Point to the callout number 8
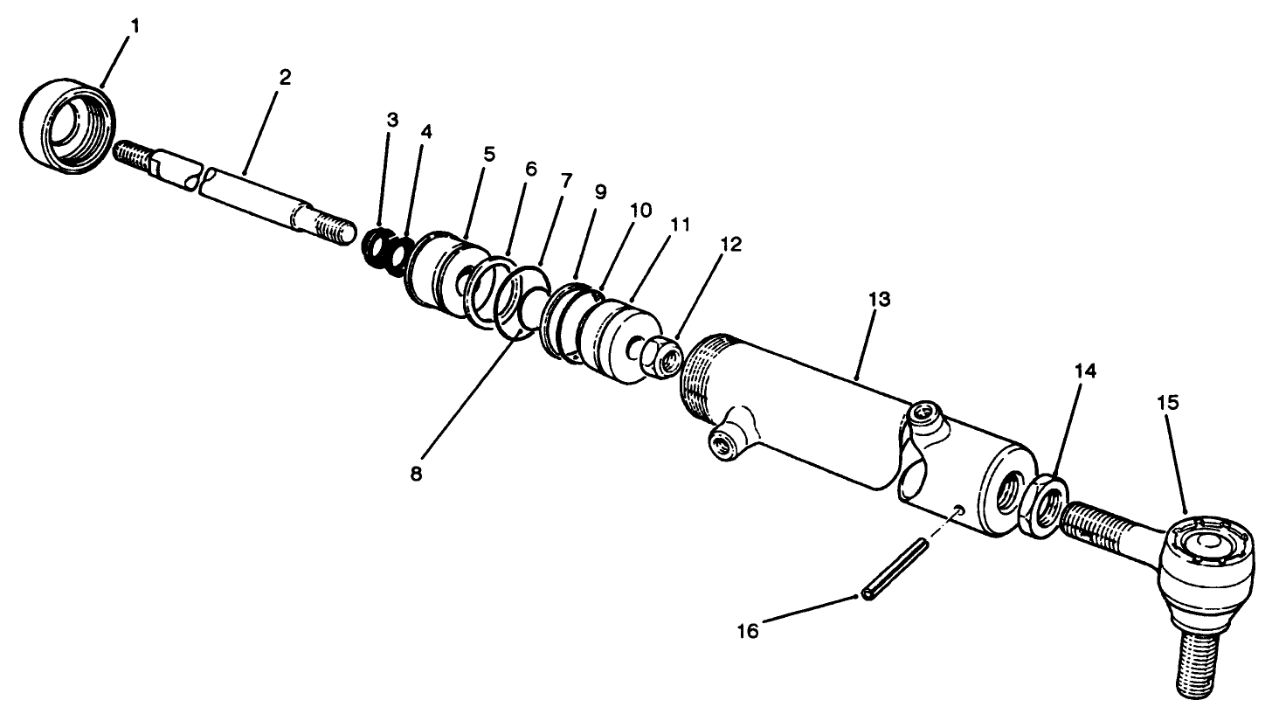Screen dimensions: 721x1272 point(416,475)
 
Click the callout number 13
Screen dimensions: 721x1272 point(879,299)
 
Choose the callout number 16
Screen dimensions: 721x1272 point(747,630)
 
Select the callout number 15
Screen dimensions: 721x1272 point(1168,403)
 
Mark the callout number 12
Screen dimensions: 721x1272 point(730,245)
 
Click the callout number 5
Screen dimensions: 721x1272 point(488,155)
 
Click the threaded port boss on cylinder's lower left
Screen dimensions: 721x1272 point(725,445)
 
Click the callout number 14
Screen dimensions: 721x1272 point(1086,371)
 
